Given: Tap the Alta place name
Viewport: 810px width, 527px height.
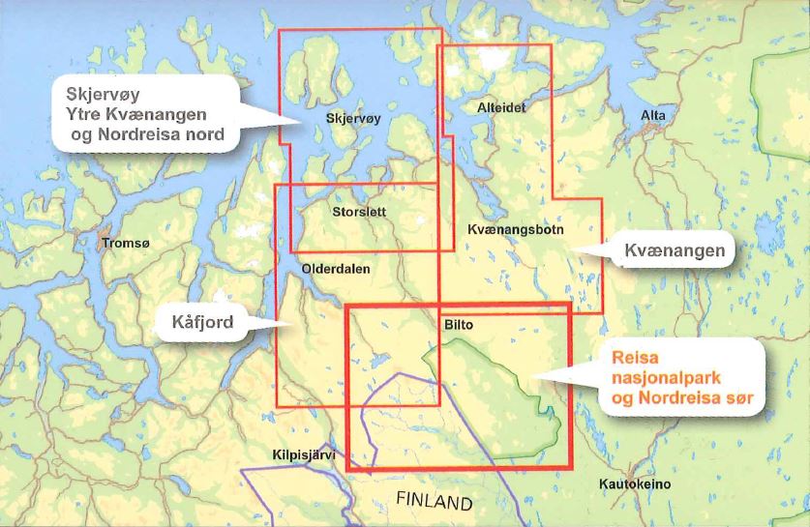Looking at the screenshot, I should point(653,116).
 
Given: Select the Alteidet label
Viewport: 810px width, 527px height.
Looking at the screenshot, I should point(501,108).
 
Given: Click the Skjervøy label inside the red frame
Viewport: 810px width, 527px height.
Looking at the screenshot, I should point(354,120).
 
